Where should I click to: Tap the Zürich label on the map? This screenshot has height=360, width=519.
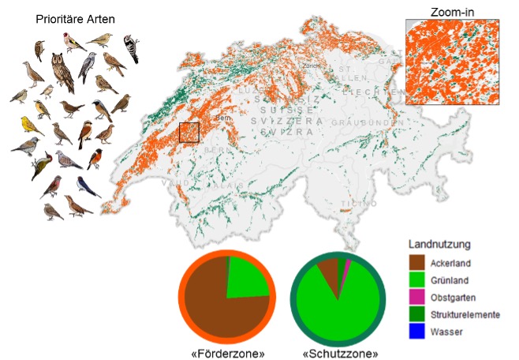tap(312, 66)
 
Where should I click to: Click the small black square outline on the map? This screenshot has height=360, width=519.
tap(189, 132)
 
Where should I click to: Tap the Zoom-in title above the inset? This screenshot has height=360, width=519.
tap(452, 11)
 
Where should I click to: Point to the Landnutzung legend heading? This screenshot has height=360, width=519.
tap(439, 244)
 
